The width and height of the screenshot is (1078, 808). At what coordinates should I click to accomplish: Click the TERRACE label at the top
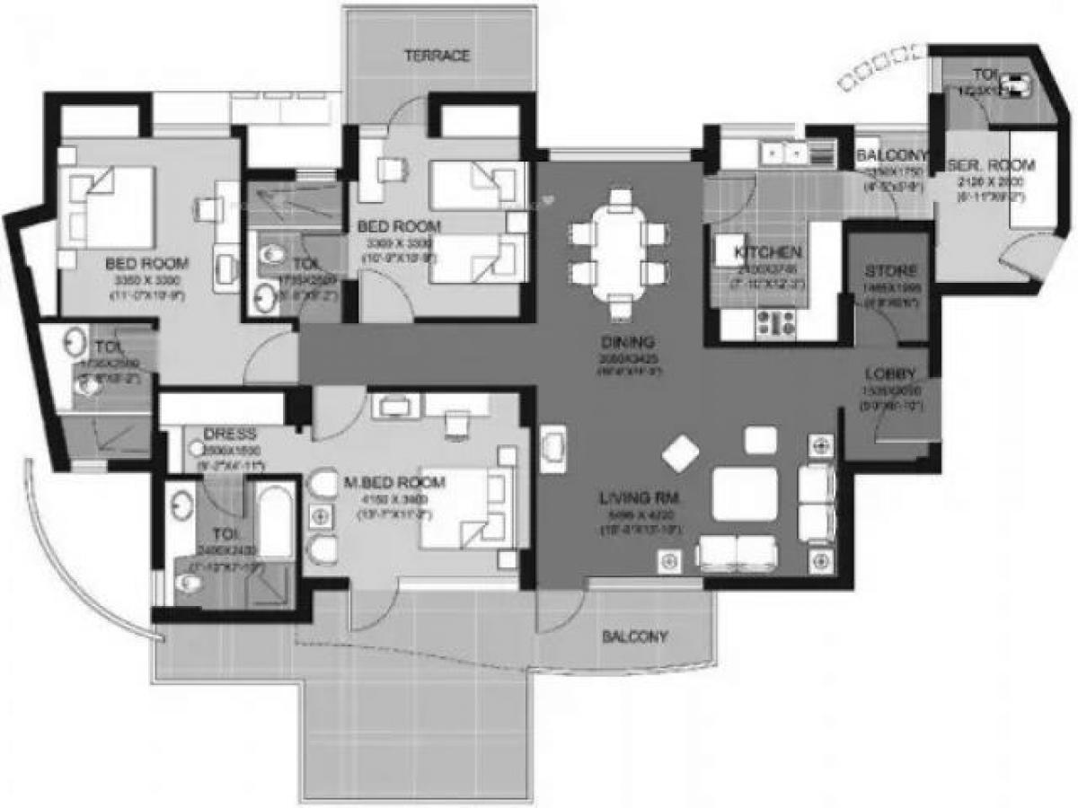[x=437, y=56]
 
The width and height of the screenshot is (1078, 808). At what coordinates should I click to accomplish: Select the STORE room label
[x=890, y=270]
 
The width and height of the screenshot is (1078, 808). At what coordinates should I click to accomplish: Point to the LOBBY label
[x=890, y=373]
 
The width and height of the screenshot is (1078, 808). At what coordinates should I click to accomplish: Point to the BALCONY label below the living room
[x=634, y=637]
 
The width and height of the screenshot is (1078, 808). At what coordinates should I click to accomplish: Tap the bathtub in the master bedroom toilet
[x=275, y=522]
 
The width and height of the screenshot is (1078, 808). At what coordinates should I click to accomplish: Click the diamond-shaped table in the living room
[x=681, y=454]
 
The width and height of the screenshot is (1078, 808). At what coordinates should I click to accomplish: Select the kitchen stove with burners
[x=774, y=323]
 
